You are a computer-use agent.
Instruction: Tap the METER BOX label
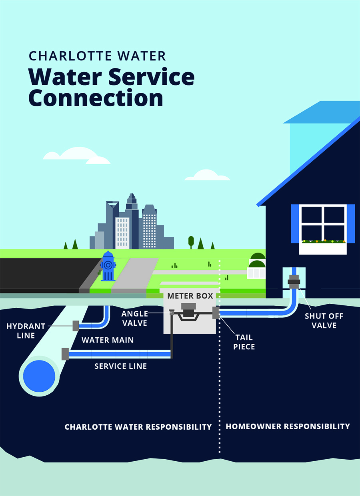click(x=190, y=296)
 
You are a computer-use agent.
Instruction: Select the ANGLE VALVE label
click(x=135, y=318)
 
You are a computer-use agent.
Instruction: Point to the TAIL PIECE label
click(x=244, y=342)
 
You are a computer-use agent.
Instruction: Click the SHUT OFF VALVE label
click(x=324, y=321)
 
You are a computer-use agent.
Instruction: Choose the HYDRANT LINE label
click(x=26, y=331)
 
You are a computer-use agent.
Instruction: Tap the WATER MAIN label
click(x=108, y=340)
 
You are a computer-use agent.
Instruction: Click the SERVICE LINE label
click(x=120, y=366)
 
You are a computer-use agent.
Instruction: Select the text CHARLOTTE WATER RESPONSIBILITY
click(x=138, y=427)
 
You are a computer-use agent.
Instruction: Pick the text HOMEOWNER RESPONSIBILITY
click(x=288, y=426)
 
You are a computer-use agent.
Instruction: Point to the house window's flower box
click(x=323, y=248)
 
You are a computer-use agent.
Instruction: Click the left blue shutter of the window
click(x=295, y=224)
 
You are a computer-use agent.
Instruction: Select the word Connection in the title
click(x=96, y=98)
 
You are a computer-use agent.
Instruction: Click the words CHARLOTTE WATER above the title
click(x=97, y=56)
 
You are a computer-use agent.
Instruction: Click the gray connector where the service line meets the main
click(x=65, y=354)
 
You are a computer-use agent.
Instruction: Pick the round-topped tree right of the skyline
click(x=191, y=241)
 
